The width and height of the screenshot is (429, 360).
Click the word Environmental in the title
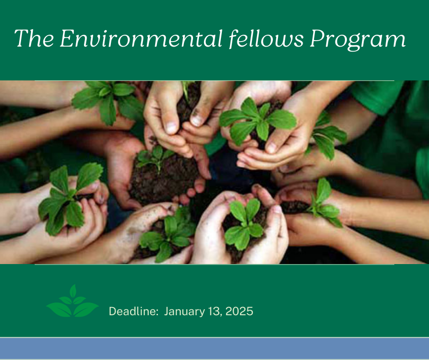[x=141, y=38]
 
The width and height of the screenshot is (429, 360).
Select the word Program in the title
[x=358, y=40]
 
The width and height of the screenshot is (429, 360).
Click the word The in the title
[x=34, y=38]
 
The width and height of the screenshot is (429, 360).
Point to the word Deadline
[x=134, y=311]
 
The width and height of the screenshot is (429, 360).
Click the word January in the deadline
[x=184, y=312]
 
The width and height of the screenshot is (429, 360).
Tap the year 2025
[x=240, y=312]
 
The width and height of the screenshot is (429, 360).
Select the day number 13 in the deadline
[x=214, y=312]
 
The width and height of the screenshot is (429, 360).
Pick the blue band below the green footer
[x=214, y=348]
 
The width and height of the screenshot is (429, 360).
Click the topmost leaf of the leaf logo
[x=73, y=291]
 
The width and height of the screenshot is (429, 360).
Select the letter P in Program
[x=318, y=38]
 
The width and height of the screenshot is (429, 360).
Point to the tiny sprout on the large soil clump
[x=155, y=158]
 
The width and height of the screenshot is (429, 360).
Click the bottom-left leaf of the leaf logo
[x=60, y=310]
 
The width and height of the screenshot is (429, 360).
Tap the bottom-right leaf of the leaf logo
[x=85, y=310]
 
